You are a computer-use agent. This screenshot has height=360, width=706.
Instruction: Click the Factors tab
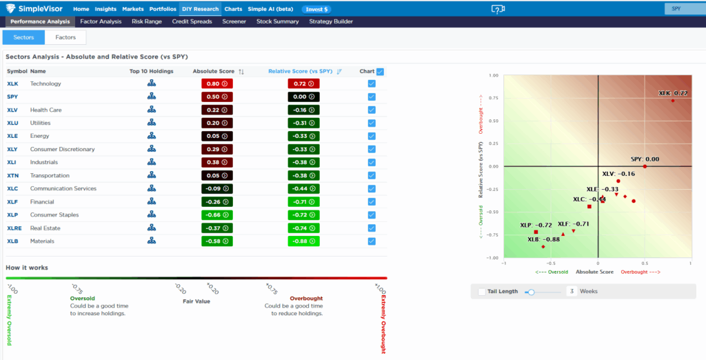tap(65, 37)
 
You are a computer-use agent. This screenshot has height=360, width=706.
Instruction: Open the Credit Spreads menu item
tap(192, 21)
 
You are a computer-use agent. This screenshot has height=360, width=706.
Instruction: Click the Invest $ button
tap(316, 10)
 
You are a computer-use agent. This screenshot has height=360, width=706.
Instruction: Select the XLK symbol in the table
tap(13, 83)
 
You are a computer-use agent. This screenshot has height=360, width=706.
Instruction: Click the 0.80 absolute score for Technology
tap(217, 83)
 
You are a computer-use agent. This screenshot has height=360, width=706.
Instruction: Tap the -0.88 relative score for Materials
tap(303, 241)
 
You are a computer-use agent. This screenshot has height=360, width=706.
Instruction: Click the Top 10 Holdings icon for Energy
tap(151, 136)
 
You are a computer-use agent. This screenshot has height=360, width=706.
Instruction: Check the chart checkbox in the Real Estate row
tap(372, 228)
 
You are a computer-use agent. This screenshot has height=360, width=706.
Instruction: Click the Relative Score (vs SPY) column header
tap(300, 71)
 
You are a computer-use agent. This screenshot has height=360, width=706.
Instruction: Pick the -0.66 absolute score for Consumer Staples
tap(217, 215)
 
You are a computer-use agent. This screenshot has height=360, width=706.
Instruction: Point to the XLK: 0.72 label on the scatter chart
tap(673, 93)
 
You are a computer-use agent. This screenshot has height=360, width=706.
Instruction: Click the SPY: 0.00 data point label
tap(645, 159)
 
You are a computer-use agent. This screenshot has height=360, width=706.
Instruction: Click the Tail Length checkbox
tap(481, 292)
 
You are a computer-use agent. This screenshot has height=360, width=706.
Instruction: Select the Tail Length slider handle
tap(531, 292)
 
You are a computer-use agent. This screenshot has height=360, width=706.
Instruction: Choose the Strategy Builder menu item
tap(331, 21)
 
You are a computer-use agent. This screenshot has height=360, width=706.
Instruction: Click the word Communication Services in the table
tap(63, 188)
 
